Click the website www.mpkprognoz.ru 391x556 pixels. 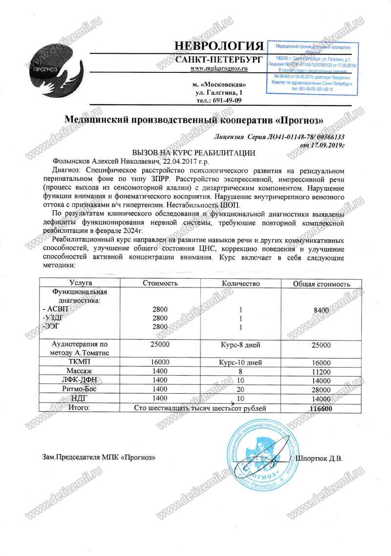click(218, 68)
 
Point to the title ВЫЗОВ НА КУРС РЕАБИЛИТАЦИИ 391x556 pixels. click(194, 153)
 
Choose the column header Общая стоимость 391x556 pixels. click(321, 284)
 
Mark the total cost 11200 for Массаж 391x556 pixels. click(321, 372)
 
